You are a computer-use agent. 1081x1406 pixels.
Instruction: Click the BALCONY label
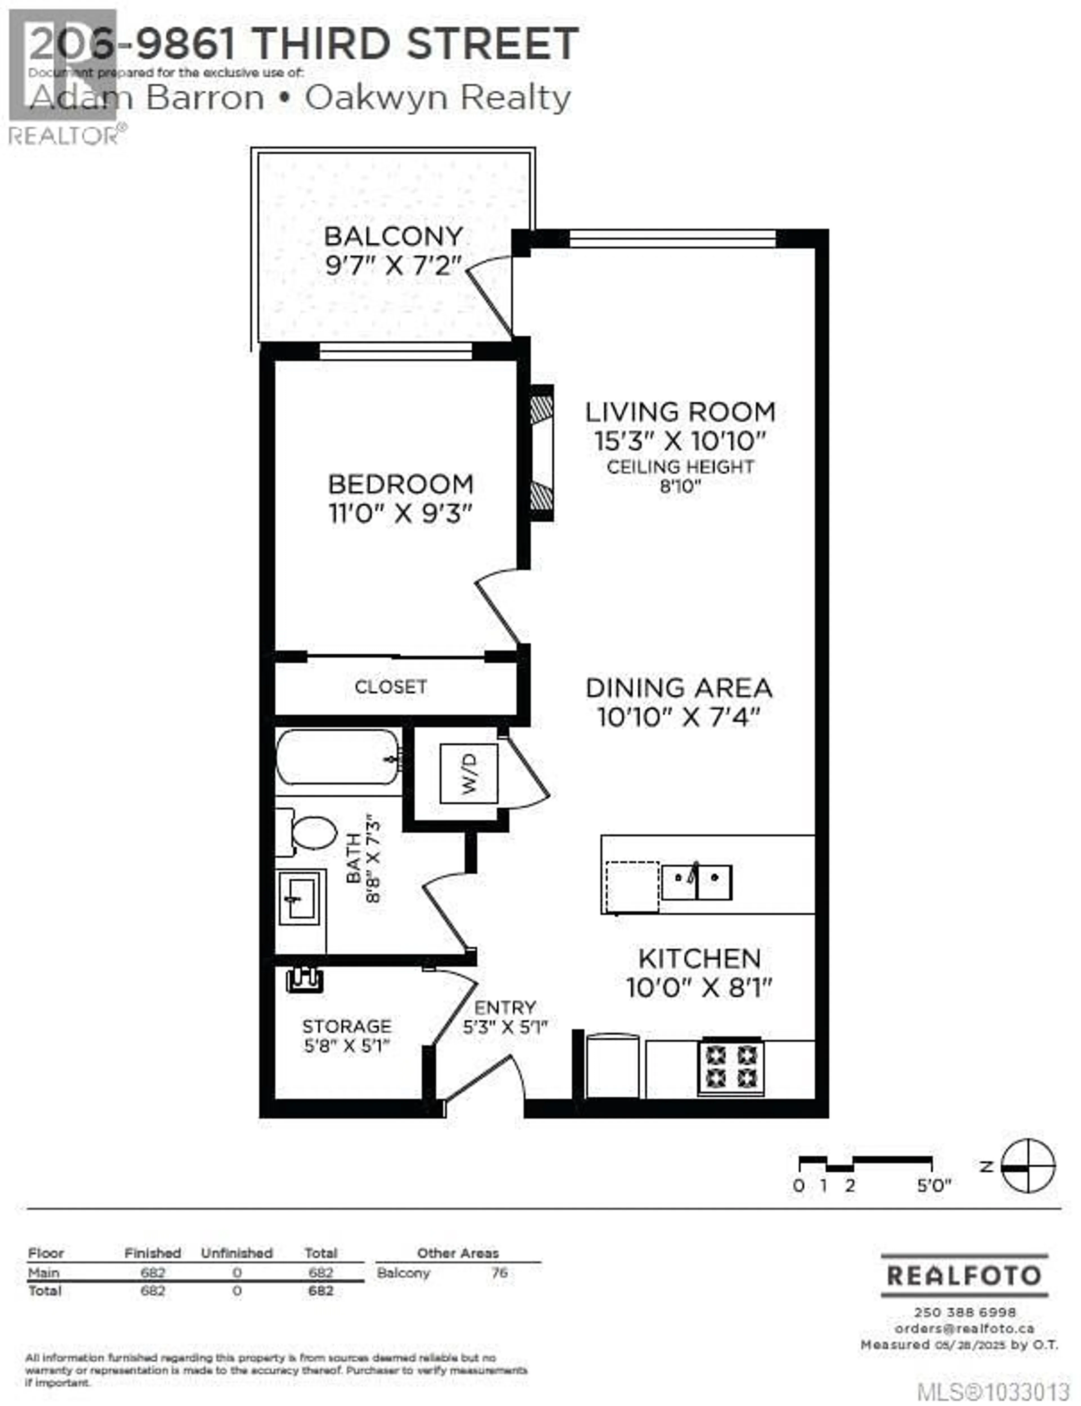[393, 236]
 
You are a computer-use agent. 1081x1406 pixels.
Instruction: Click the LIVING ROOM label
[680, 412]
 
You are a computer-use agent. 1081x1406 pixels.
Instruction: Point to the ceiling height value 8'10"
[680, 486]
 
